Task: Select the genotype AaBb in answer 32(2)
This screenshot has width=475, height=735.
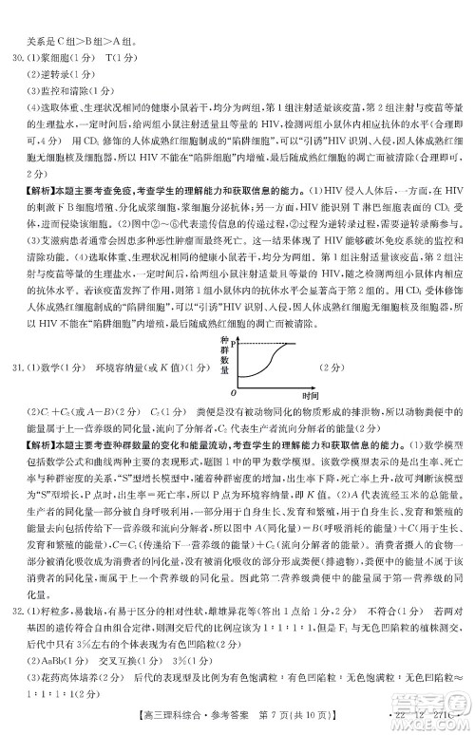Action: pos(54,637)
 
